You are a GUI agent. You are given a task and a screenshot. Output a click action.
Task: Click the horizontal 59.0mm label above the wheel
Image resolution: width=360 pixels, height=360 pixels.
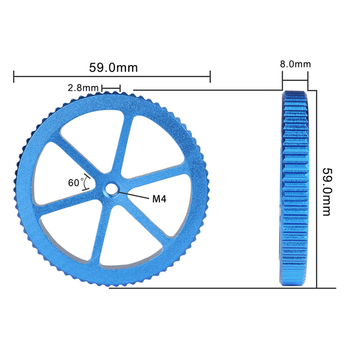(x=113, y=68)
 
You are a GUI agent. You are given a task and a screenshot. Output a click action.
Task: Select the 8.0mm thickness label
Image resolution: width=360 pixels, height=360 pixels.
(x=295, y=64)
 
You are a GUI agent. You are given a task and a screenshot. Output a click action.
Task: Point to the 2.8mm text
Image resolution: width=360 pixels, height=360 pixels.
(x=83, y=88)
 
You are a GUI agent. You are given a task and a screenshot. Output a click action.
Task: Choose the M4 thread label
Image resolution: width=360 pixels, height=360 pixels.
(x=159, y=199)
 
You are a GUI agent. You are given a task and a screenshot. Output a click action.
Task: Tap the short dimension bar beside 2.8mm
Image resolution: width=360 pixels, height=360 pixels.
(x=111, y=88)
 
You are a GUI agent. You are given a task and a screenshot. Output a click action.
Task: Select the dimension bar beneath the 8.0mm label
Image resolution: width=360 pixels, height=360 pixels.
(x=295, y=80)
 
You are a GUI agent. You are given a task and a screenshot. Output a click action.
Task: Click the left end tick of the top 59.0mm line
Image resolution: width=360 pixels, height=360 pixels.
(x=14, y=77)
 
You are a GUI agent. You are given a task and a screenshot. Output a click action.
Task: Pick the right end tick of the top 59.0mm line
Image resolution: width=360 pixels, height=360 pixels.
(x=210, y=77)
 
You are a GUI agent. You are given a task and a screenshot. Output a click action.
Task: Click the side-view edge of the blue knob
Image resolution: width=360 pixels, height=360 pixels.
(x=294, y=188)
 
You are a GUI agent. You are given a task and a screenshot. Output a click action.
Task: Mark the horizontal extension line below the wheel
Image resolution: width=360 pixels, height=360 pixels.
(x=222, y=288)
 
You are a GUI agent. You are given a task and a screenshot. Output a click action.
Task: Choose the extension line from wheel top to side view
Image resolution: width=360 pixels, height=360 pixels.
(x=208, y=90)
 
